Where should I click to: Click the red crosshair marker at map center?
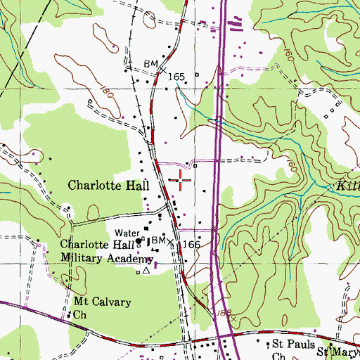(x=181, y=180)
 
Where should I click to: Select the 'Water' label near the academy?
(x=125, y=231)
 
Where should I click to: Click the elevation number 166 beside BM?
(x=193, y=244)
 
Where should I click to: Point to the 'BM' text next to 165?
(x=150, y=63)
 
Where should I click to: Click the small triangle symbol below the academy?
(x=146, y=270)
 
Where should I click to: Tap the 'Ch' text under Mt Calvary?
(x=79, y=315)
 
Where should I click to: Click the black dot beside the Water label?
(x=139, y=240)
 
